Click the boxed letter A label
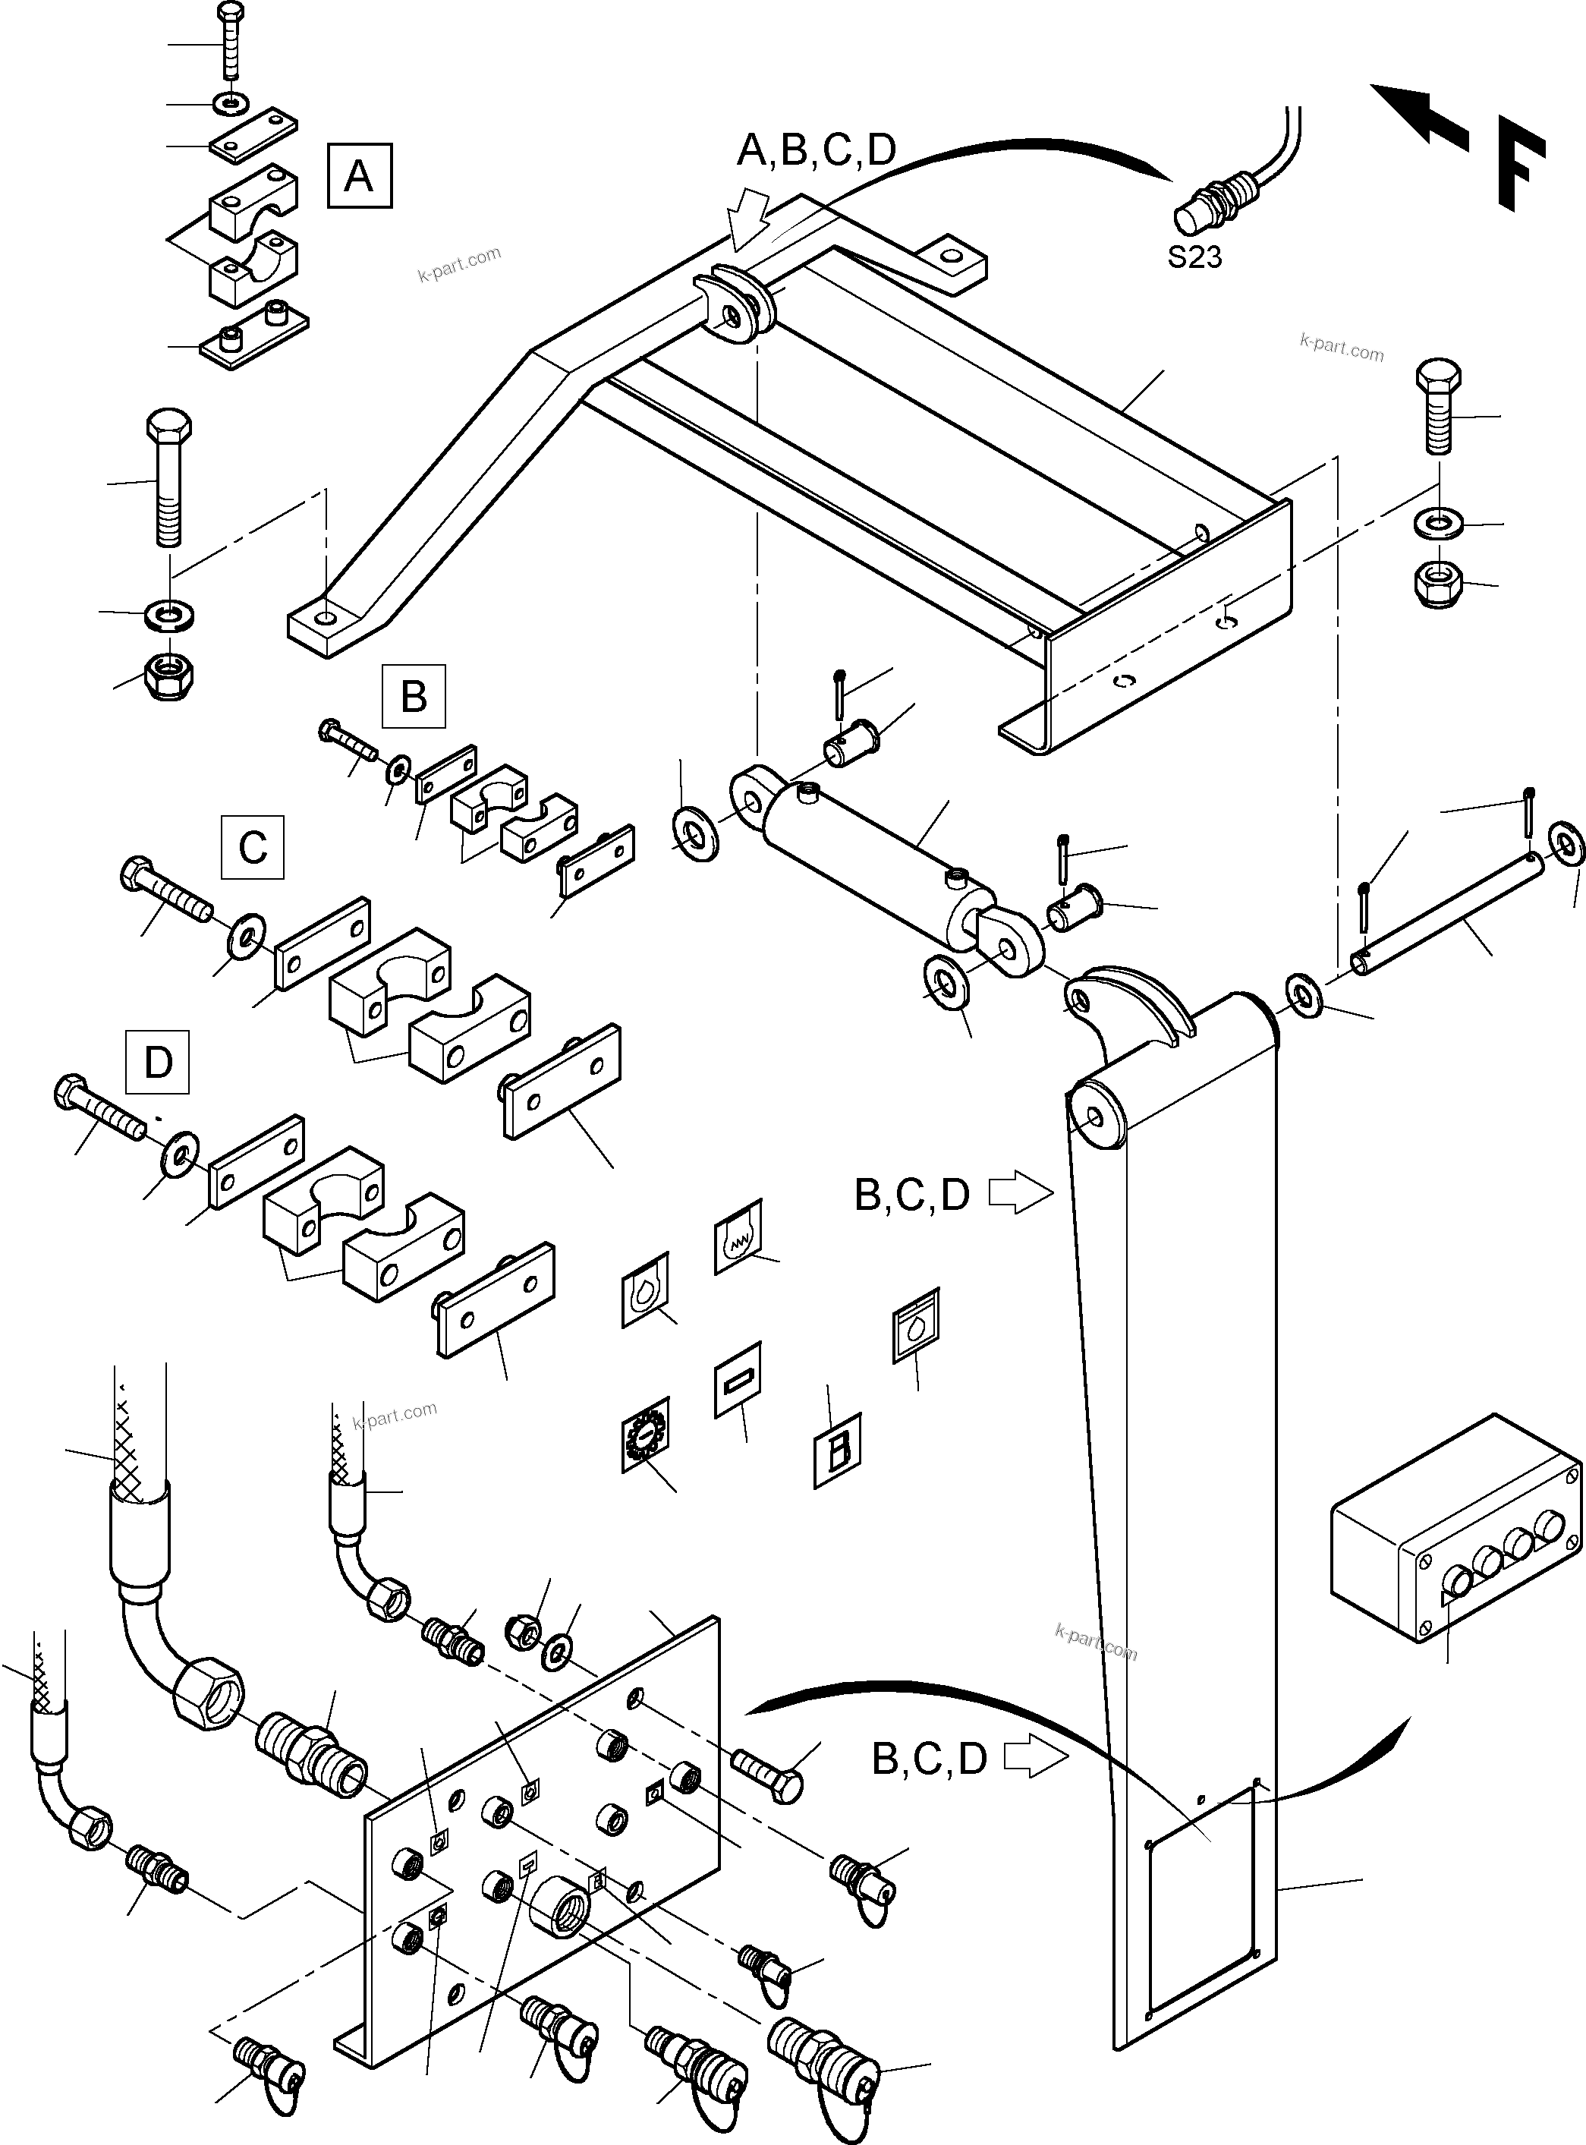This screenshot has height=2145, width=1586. click(x=359, y=175)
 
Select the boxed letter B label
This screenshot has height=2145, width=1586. click(x=413, y=695)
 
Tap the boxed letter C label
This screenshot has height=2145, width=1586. click(x=253, y=847)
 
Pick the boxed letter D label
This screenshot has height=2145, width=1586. click(x=157, y=1062)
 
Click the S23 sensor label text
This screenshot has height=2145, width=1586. click(x=1194, y=257)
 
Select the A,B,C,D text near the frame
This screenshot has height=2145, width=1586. click(x=816, y=150)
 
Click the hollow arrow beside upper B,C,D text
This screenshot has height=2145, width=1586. click(x=1021, y=1195)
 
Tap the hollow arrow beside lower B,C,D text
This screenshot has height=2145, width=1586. click(x=1035, y=1758)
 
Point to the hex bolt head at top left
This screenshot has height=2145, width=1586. click(x=231, y=14)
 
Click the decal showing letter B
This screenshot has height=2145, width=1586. click(x=837, y=1450)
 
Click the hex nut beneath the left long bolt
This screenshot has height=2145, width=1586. click(x=170, y=675)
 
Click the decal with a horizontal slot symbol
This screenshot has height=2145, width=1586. click(x=738, y=1380)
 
